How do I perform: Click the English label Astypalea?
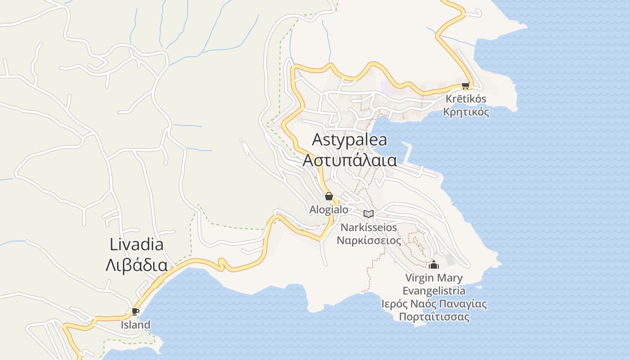350,139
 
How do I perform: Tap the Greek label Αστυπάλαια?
350,160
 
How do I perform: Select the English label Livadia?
136,245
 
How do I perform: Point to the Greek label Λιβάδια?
136,265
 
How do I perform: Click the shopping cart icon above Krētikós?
465,85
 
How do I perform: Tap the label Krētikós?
466,99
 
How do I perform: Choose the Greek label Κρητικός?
466,112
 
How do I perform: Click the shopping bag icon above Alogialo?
329,196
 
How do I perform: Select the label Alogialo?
329,210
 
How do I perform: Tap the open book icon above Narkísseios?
369,214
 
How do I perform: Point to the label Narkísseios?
369,227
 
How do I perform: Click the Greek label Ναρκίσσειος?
369,240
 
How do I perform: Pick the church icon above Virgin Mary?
434,265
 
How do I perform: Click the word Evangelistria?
434,291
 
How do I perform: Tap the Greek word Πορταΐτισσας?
434,317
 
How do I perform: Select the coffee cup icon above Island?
135,311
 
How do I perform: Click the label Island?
135,324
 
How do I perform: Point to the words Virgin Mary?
434,278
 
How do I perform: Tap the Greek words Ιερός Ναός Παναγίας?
434,304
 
